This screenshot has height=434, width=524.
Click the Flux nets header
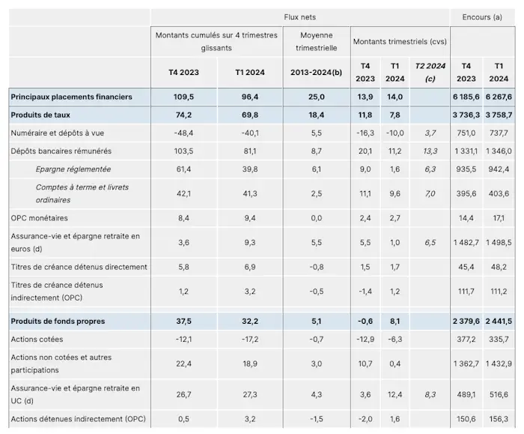[x=299, y=17]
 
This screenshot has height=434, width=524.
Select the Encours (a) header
[x=482, y=17]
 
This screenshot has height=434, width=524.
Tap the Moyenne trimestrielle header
[x=316, y=41]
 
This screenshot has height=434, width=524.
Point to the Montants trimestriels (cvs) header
[x=400, y=41]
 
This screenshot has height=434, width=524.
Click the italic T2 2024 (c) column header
[x=430, y=72]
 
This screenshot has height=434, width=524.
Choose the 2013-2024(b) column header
[x=316, y=72]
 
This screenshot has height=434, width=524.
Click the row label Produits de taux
[x=40, y=115]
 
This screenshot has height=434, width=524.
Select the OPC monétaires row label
[x=39, y=218]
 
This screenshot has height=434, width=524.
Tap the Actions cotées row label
[x=37, y=339]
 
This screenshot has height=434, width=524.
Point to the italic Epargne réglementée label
[x=73, y=169]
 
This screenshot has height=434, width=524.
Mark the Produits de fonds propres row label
[x=58, y=321]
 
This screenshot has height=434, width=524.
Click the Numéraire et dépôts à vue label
[x=57, y=133]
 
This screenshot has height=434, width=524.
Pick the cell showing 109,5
[x=183, y=97]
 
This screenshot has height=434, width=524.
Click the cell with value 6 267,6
[x=499, y=97]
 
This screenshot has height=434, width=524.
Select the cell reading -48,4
[x=183, y=133]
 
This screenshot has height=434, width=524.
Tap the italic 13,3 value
[x=430, y=151]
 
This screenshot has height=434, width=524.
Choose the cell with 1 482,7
[x=466, y=242]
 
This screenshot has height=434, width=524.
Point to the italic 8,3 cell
[x=430, y=394]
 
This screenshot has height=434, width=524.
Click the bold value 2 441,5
[x=499, y=321]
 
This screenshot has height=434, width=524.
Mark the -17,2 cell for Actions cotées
[x=249, y=339]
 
